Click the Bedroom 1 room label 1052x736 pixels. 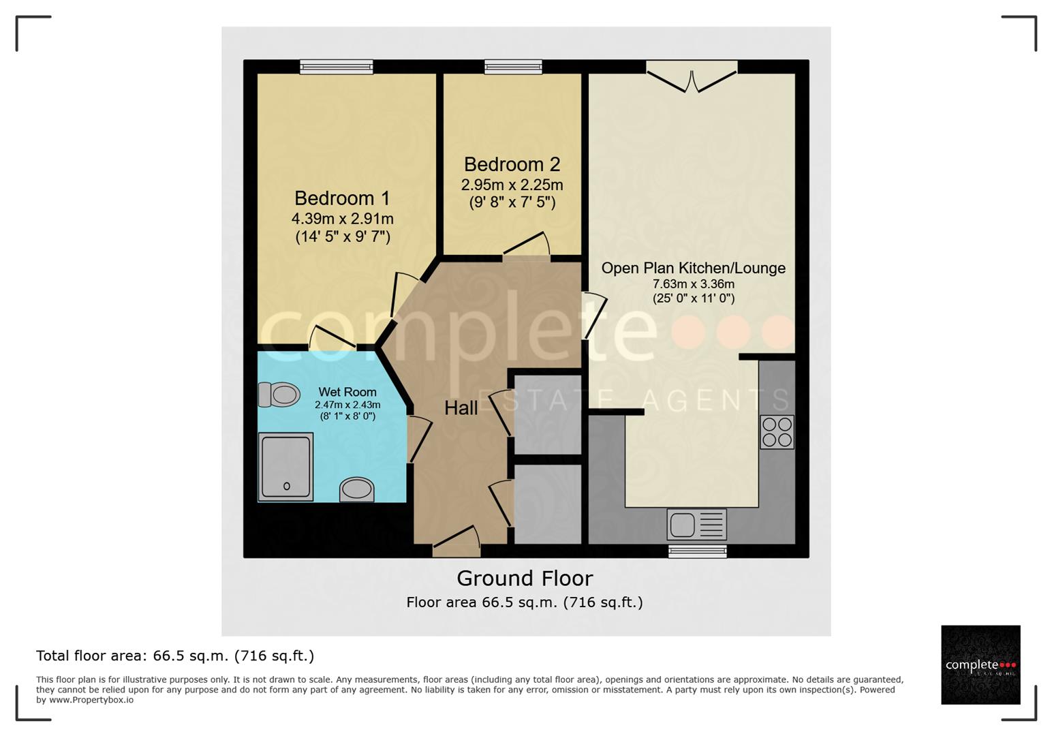342,198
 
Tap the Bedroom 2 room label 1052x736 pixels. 512,164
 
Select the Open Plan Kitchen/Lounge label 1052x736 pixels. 693,268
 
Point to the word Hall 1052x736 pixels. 461,408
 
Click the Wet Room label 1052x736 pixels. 347,392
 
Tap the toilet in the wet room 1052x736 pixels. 279,394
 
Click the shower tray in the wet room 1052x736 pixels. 285,467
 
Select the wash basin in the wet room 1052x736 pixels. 356,489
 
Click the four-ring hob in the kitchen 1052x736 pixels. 777,431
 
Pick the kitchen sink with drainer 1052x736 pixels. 697,525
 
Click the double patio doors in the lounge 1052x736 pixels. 692,76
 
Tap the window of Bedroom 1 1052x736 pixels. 337,67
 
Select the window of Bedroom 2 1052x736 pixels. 513,67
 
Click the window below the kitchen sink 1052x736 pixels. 697,551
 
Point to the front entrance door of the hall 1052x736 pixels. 456,541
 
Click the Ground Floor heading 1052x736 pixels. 525,578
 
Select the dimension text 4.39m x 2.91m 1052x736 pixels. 342,219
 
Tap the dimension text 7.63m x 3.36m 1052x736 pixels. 693,284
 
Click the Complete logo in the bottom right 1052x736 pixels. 980,665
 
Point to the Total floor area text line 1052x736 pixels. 175,656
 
